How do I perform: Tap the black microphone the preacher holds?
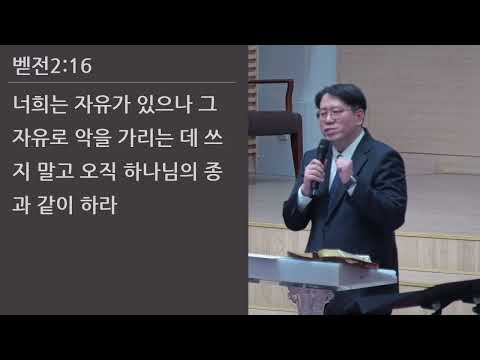pyautogui.click(x=319, y=160)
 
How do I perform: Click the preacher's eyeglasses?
pyautogui.click(x=332, y=113)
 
